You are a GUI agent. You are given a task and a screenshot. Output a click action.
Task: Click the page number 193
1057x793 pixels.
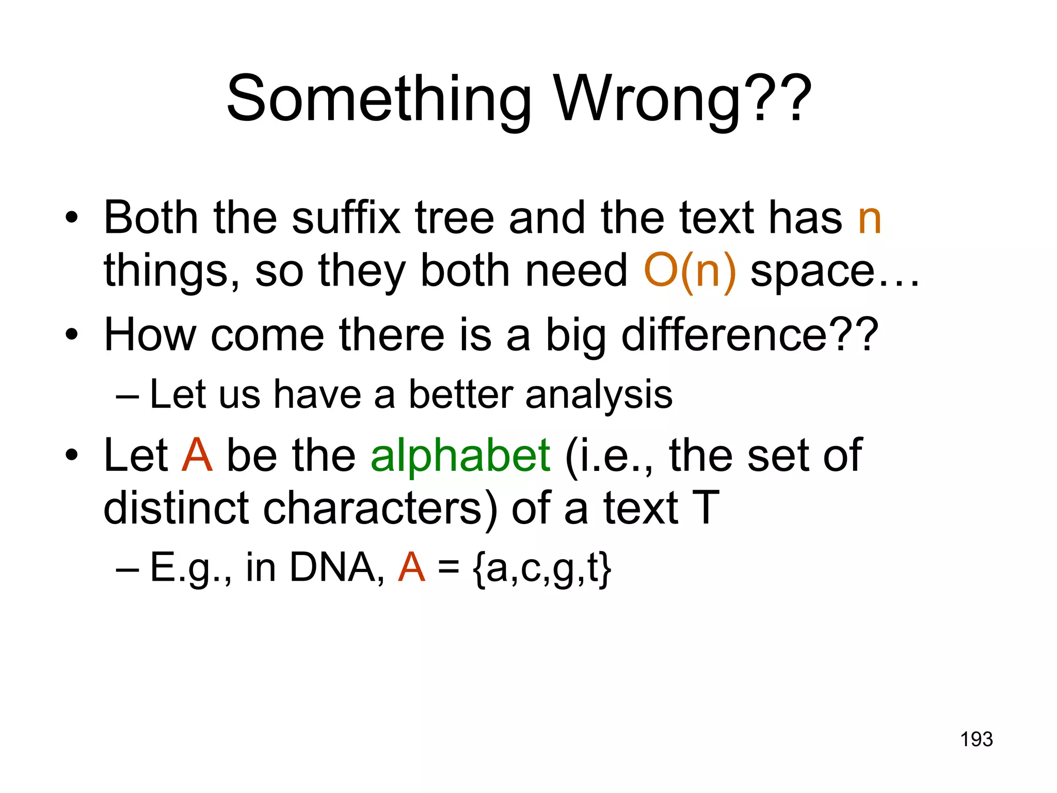click(976, 739)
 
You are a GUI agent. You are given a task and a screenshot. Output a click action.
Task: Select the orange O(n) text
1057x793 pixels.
click(690, 271)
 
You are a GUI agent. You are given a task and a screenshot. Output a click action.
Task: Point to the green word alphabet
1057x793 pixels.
click(460, 455)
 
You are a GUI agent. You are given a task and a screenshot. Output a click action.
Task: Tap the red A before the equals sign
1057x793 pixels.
click(411, 568)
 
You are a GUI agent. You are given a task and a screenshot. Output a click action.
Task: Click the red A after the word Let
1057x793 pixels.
click(197, 455)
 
